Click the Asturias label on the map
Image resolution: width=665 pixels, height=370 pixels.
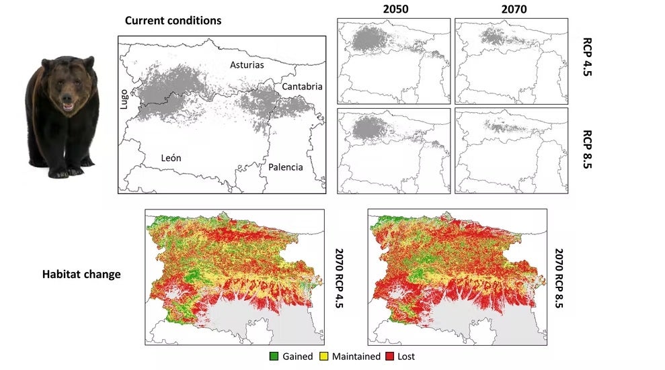(x=247, y=65)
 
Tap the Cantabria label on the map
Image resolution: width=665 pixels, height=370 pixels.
(x=302, y=87)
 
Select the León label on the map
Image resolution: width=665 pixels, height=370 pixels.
(x=171, y=158)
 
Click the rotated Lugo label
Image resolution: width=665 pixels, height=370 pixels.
(x=124, y=101)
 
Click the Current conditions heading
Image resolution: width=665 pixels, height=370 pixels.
(x=173, y=21)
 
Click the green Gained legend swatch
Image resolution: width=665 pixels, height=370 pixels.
(x=273, y=357)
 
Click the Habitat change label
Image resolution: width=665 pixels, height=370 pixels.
(x=81, y=275)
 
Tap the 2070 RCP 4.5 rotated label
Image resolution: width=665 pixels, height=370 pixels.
(x=340, y=277)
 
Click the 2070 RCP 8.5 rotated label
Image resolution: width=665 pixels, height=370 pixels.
(x=559, y=277)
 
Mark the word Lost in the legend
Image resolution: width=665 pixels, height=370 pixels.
(x=407, y=357)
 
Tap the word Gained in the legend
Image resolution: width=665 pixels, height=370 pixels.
(x=298, y=357)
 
